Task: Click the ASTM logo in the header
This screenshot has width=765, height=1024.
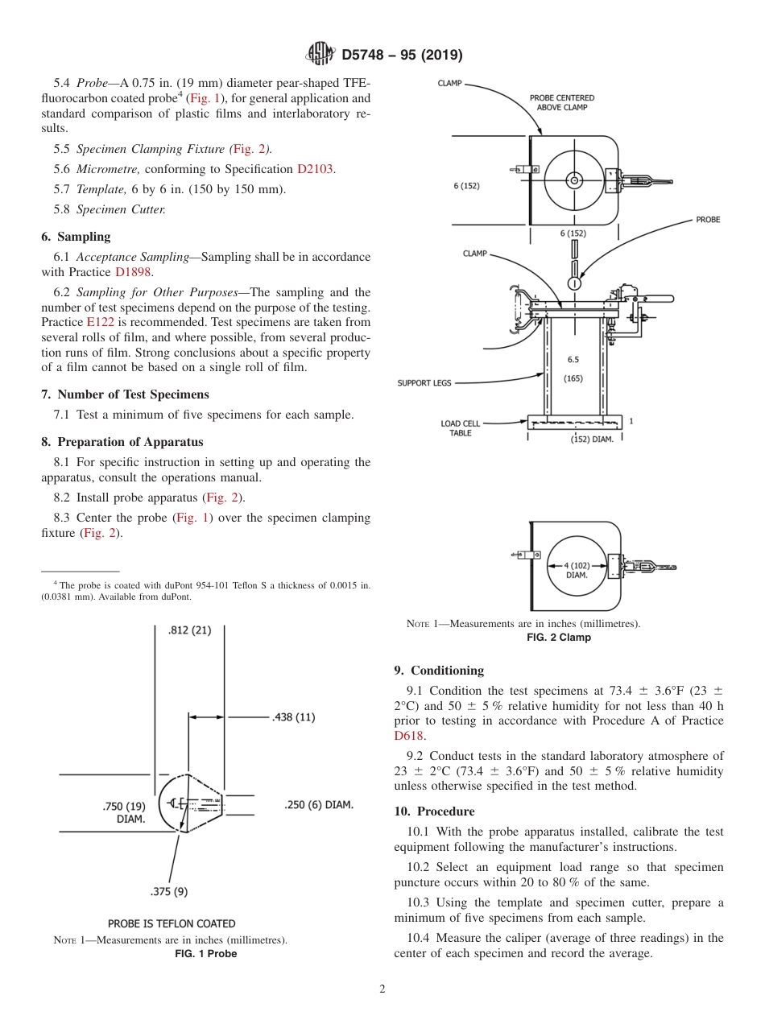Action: pos(321,55)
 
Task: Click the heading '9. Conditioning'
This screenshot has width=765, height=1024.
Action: pos(439,671)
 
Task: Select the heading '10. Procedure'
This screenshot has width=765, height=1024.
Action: pos(434,811)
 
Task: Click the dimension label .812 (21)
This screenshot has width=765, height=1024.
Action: pos(189,630)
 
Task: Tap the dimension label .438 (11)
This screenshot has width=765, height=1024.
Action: pos(293,716)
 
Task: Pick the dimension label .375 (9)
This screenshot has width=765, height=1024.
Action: pos(169,891)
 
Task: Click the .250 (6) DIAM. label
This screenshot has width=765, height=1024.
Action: pos(319,804)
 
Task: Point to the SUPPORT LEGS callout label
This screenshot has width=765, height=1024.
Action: pos(424,383)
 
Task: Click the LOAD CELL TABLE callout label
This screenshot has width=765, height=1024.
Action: pos(461,428)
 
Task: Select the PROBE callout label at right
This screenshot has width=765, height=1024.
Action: pos(708,220)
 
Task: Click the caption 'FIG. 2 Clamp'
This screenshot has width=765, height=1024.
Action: pos(558,638)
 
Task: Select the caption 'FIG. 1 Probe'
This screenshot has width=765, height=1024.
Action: pos(206,954)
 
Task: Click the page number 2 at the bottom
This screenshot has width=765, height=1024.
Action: pos(382,989)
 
